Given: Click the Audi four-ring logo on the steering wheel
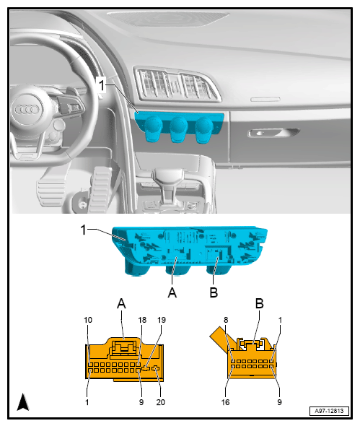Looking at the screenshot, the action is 27,110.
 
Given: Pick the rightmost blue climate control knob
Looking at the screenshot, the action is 204,129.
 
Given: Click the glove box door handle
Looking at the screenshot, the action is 273,133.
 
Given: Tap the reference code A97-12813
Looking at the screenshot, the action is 329,411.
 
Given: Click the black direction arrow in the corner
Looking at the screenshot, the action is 23,401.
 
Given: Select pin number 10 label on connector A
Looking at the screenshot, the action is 88,320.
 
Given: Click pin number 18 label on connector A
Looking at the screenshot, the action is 142,320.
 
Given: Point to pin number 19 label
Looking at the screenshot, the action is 162,320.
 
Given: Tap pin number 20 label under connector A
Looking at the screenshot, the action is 160,402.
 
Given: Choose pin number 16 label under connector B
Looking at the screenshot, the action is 225,402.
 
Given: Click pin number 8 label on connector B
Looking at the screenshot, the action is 226,320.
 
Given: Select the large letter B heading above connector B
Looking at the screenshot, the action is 260,303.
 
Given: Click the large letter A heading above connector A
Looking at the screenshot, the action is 121,303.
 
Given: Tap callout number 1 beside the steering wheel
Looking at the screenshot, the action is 102,84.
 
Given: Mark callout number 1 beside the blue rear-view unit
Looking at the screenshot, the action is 84,230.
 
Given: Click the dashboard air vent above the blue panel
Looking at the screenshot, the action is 177,84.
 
